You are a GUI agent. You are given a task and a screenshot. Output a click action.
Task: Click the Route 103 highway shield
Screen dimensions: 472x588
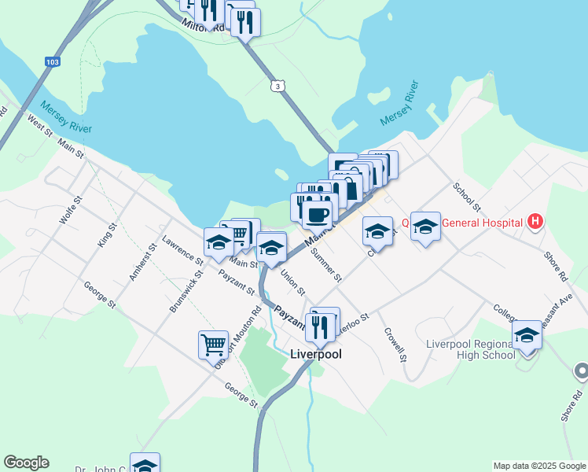tap(52, 62)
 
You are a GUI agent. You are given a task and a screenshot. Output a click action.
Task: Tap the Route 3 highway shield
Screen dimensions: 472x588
tap(277, 85)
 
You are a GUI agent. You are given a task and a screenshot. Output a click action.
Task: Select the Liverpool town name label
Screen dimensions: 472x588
tap(319, 354)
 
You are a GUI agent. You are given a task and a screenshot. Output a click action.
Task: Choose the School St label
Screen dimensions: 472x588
tap(465, 197)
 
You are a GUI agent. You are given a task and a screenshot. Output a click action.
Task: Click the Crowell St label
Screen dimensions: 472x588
tap(395, 344)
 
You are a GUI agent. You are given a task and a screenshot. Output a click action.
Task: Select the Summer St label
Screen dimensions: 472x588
tap(326, 265)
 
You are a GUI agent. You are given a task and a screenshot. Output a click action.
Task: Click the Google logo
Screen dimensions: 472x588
tap(26, 463)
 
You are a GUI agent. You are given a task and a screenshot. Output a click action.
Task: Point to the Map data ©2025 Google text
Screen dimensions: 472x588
tap(538, 466)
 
